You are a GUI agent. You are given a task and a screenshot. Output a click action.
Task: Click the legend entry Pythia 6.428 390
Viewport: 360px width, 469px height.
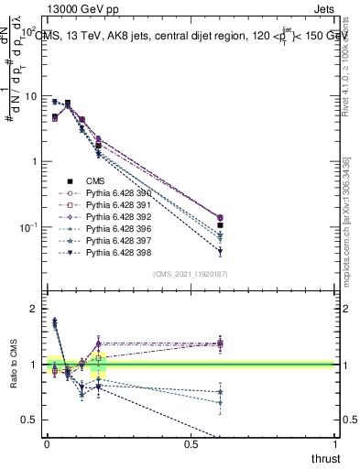point(111,194)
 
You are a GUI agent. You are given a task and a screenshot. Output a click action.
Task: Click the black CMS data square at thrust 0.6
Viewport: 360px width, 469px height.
point(220,224)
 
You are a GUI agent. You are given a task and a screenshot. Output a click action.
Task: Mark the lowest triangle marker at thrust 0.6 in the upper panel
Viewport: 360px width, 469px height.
point(220,251)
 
